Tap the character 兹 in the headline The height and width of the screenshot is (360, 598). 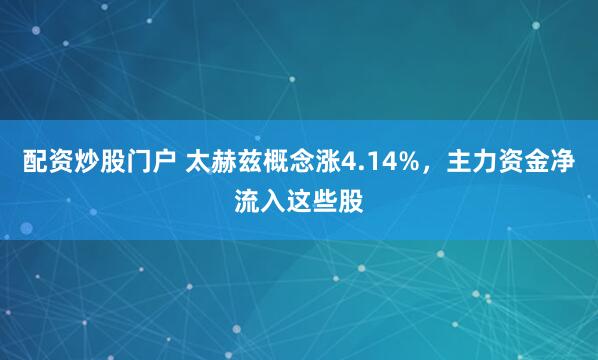[238, 160]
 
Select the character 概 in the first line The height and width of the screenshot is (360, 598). [264, 160]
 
